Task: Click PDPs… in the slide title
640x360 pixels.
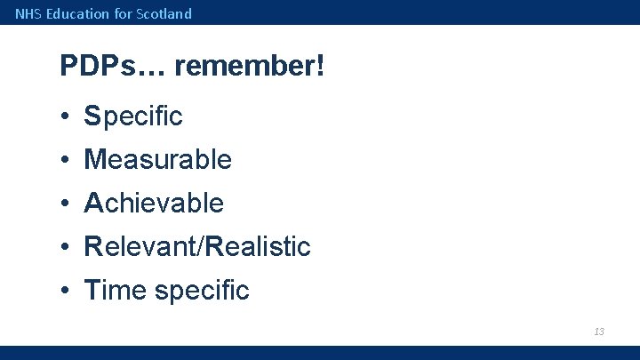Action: click(x=113, y=66)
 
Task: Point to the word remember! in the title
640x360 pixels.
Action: click(x=250, y=66)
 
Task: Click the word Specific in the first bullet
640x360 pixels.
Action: click(x=133, y=116)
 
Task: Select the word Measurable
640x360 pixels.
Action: click(x=157, y=160)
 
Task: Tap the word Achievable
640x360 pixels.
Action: click(x=154, y=203)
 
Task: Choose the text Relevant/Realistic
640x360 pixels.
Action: click(x=197, y=246)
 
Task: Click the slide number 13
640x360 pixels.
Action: click(x=599, y=332)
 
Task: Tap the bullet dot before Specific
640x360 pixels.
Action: click(x=66, y=116)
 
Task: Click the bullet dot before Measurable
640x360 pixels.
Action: click(x=66, y=161)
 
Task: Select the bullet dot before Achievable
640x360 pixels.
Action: click(x=66, y=204)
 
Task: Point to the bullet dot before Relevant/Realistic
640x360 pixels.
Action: click(x=66, y=247)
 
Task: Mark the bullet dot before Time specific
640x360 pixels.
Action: click(x=66, y=291)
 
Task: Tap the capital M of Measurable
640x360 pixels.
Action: click(x=93, y=160)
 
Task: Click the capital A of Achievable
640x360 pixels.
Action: click(x=93, y=203)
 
